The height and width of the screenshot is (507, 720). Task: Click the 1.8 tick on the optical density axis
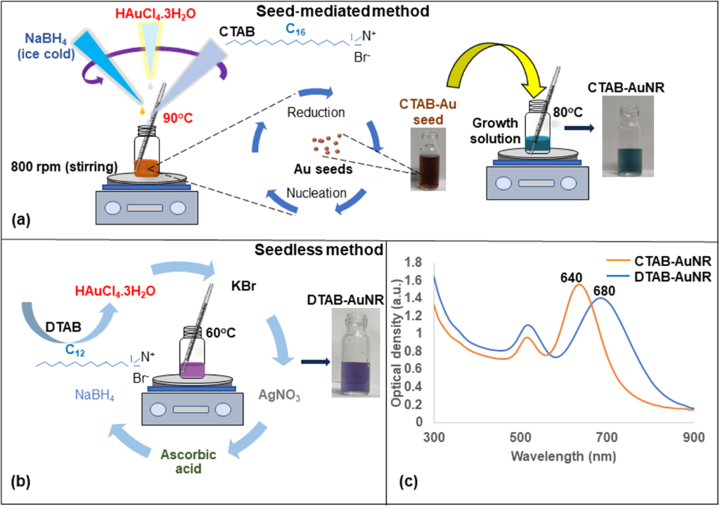(x=414, y=262)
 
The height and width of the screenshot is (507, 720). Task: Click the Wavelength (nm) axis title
(x=565, y=456)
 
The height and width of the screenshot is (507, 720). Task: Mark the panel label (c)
(x=409, y=482)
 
